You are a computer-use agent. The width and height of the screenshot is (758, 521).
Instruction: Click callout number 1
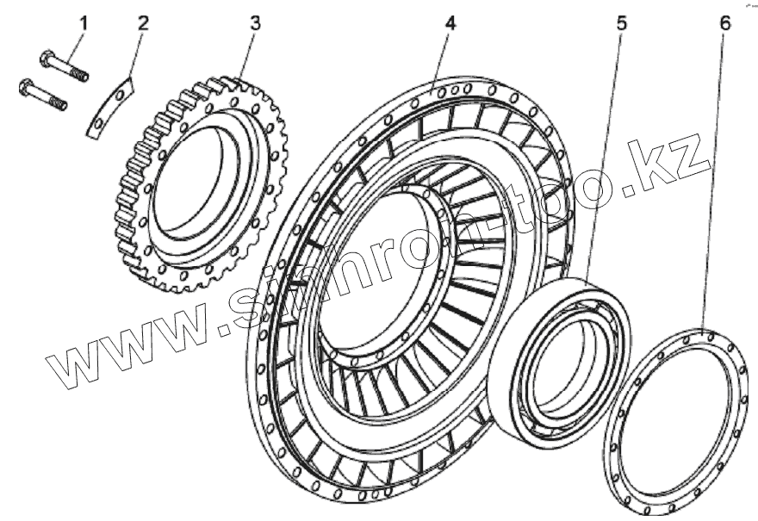coord(84,22)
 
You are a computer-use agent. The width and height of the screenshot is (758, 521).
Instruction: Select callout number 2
coord(143,22)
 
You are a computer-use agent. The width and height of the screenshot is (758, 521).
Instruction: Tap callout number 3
coord(255,22)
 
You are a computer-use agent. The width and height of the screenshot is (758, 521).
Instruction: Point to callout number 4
coord(450,22)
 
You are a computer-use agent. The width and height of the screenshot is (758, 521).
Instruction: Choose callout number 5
coord(621,22)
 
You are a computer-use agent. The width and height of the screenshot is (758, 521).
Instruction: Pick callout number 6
coord(725,22)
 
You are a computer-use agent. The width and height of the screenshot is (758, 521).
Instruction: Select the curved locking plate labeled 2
coord(111,106)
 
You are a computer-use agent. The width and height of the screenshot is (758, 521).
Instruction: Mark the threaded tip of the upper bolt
coord(82,75)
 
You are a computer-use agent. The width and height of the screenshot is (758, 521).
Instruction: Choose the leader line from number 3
coord(248,53)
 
